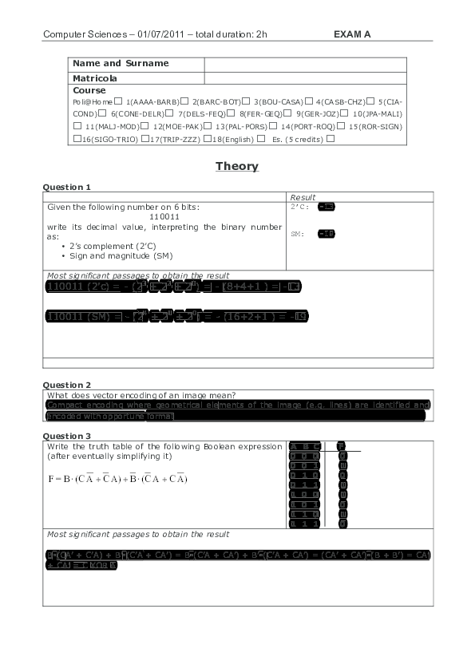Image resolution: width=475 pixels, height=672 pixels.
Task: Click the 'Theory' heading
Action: (x=236, y=166)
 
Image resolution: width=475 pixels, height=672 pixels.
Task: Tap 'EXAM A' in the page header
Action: (x=352, y=34)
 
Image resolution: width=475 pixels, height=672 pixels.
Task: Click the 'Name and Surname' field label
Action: (x=121, y=63)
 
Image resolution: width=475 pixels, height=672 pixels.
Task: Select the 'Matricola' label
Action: (x=95, y=78)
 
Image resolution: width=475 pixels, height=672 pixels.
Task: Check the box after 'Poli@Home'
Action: (x=118, y=101)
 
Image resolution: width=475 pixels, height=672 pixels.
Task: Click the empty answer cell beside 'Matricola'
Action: (x=306, y=78)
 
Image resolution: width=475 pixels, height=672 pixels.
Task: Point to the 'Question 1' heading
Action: (x=66, y=187)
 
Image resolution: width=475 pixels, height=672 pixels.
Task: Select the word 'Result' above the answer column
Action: (x=303, y=197)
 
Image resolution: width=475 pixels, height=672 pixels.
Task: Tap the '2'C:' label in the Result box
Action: (x=301, y=207)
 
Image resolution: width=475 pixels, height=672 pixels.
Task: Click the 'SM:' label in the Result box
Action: (x=297, y=234)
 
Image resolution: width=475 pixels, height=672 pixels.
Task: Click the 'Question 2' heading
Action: (x=66, y=385)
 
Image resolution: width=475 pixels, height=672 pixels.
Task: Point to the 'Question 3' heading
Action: (x=66, y=436)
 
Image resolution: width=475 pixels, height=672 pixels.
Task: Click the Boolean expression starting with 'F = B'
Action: (x=118, y=479)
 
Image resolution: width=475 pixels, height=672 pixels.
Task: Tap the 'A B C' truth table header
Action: (x=305, y=446)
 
